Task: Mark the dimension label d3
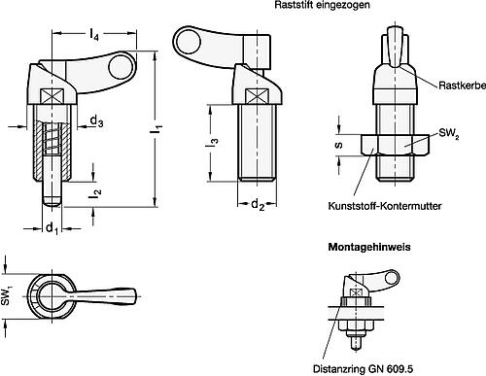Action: (x=97, y=120)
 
